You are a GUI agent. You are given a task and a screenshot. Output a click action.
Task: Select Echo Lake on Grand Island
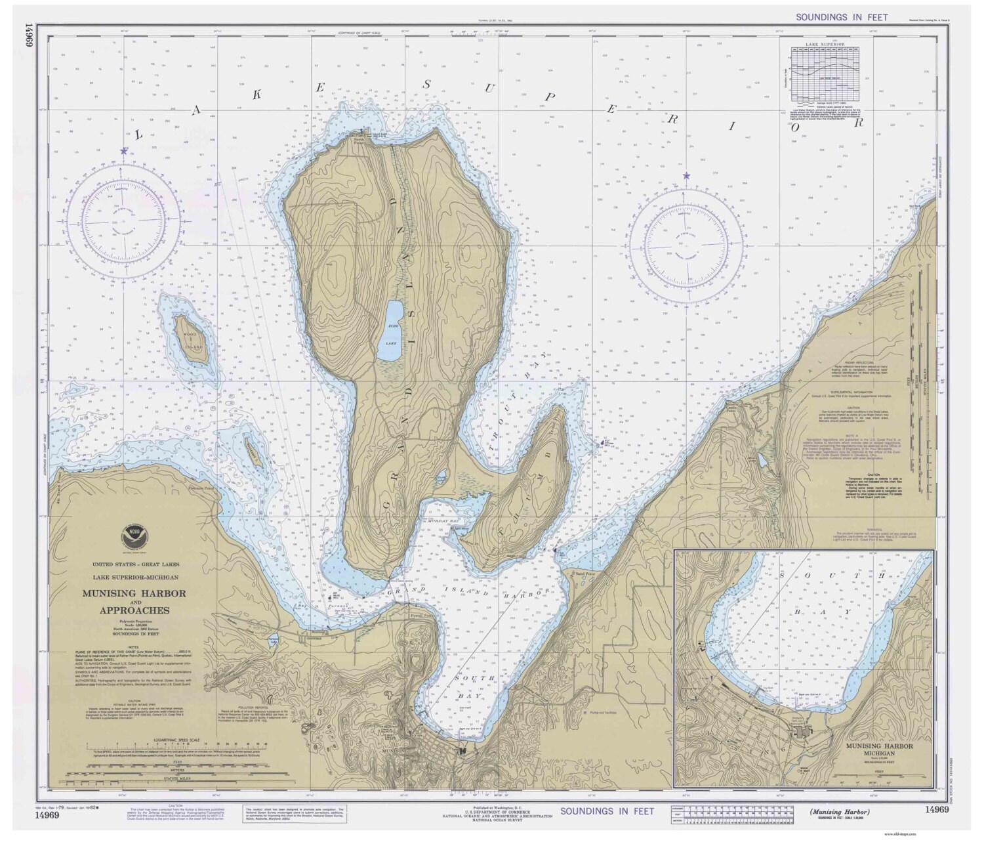point(392,331)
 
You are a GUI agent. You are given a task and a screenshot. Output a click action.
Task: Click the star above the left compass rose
point(123,150)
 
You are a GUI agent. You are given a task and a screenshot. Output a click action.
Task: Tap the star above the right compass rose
point(686,176)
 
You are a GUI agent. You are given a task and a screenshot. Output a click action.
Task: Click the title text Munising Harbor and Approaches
point(133,602)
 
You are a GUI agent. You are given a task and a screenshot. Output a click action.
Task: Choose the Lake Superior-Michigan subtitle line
point(134,577)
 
